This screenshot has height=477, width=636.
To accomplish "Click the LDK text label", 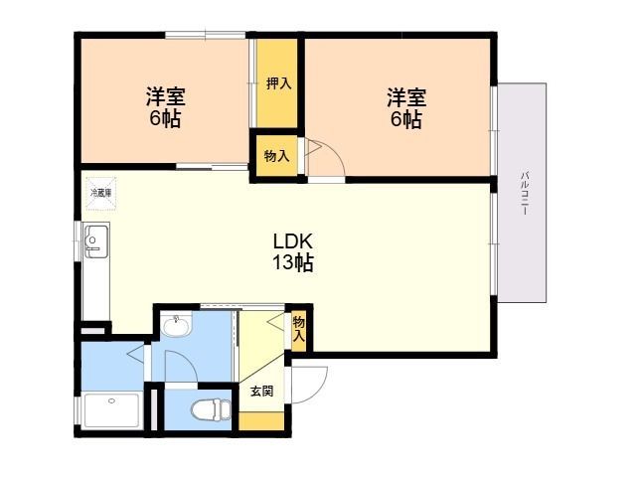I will pyautogui.click(x=293, y=241).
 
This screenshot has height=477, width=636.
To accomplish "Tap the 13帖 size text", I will pyautogui.click(x=293, y=263).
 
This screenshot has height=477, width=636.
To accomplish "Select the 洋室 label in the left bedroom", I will pyautogui.click(x=166, y=97).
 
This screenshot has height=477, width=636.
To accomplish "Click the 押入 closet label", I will pyautogui.click(x=278, y=83).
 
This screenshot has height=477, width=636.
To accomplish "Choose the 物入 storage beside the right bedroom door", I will pyautogui.click(x=276, y=156).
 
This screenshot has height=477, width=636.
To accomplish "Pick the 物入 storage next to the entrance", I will pyautogui.click(x=299, y=327).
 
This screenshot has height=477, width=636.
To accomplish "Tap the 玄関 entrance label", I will pyautogui.click(x=261, y=391).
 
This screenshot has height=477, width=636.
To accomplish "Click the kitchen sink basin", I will pyautogui.click(x=95, y=239).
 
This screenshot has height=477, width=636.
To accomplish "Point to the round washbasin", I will pyautogui.click(x=177, y=325).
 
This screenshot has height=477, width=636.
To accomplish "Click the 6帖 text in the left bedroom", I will pyautogui.click(x=166, y=119).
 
